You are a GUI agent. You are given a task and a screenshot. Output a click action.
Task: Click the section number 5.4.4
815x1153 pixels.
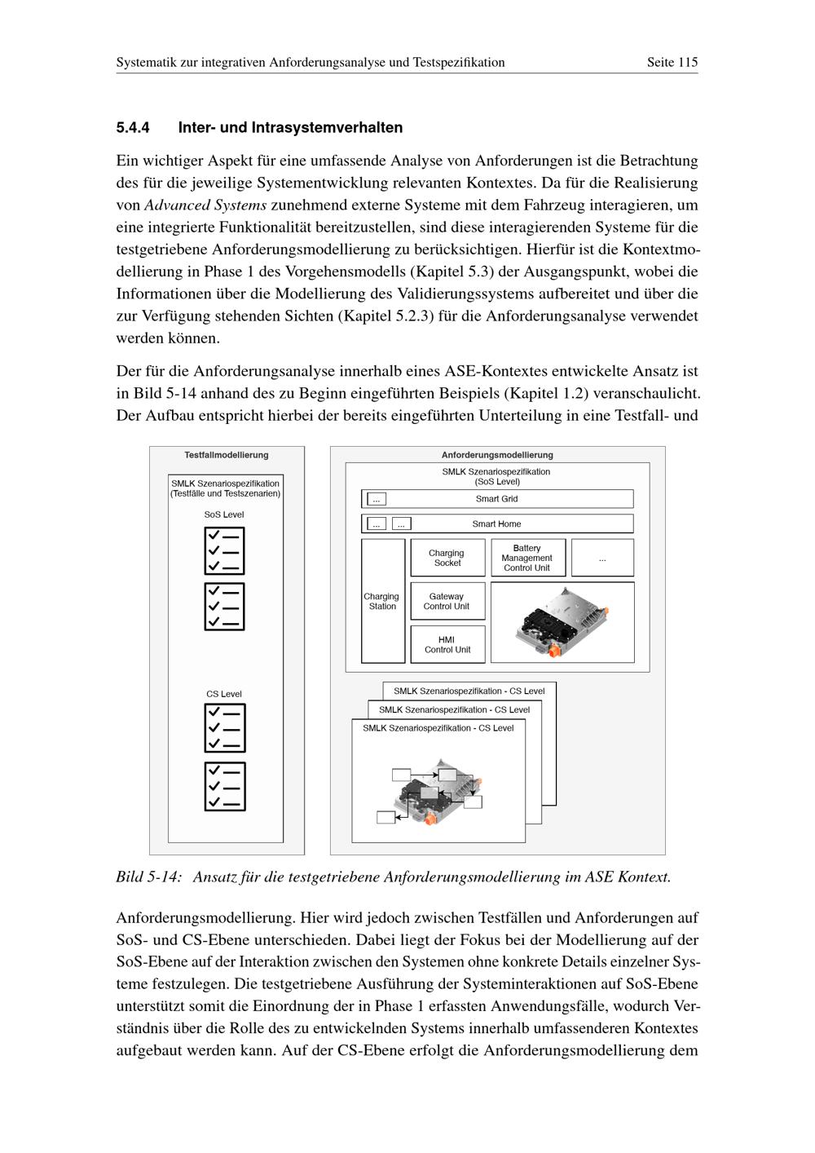coord(133,128)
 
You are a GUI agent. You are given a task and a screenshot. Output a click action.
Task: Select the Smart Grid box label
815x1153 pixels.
coord(496,499)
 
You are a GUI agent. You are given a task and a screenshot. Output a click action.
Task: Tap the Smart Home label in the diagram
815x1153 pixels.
coord(496,524)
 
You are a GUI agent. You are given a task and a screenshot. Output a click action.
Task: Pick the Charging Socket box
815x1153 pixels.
coord(447,558)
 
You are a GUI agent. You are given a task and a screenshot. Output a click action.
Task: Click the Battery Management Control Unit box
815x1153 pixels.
coord(527,558)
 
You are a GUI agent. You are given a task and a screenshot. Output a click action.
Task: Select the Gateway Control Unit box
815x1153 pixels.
coord(447,601)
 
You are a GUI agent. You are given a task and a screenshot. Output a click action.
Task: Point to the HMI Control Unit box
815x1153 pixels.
coord(447,644)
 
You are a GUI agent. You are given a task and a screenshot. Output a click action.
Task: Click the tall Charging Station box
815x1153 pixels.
coord(382,601)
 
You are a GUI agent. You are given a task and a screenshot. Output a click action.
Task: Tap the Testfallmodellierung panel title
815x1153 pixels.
coord(227,455)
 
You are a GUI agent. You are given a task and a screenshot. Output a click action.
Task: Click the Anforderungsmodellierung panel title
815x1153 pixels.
coord(497,455)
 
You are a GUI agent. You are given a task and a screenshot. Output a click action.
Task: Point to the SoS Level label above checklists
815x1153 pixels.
coord(224,515)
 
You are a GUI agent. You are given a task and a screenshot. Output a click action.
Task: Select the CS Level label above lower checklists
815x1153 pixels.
coord(224,694)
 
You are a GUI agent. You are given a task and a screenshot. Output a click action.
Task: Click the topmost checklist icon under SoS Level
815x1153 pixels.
coord(224,551)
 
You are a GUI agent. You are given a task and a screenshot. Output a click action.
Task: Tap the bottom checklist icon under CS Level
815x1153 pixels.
coord(224,786)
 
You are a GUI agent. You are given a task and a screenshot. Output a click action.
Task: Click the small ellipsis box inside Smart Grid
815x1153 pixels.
coord(377,499)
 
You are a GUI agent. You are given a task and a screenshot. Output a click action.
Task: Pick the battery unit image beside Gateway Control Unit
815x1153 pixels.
coord(562,621)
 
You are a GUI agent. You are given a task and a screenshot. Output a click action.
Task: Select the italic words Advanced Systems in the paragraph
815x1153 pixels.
coord(205,205)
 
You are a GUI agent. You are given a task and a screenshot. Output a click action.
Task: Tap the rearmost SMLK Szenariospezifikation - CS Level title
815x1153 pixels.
coord(469,691)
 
